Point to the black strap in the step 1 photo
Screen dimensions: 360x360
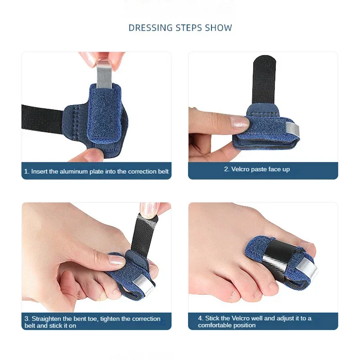click(42, 119)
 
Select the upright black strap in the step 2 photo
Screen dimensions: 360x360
click(264, 81)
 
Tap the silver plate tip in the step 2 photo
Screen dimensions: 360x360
click(293, 130)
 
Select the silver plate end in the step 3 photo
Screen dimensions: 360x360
click(144, 284)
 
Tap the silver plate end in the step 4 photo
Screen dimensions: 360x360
click(306, 268)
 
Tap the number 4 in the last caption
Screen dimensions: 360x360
click(200, 318)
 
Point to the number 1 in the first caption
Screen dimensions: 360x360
click(27, 171)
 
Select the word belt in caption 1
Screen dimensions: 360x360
click(163, 171)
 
